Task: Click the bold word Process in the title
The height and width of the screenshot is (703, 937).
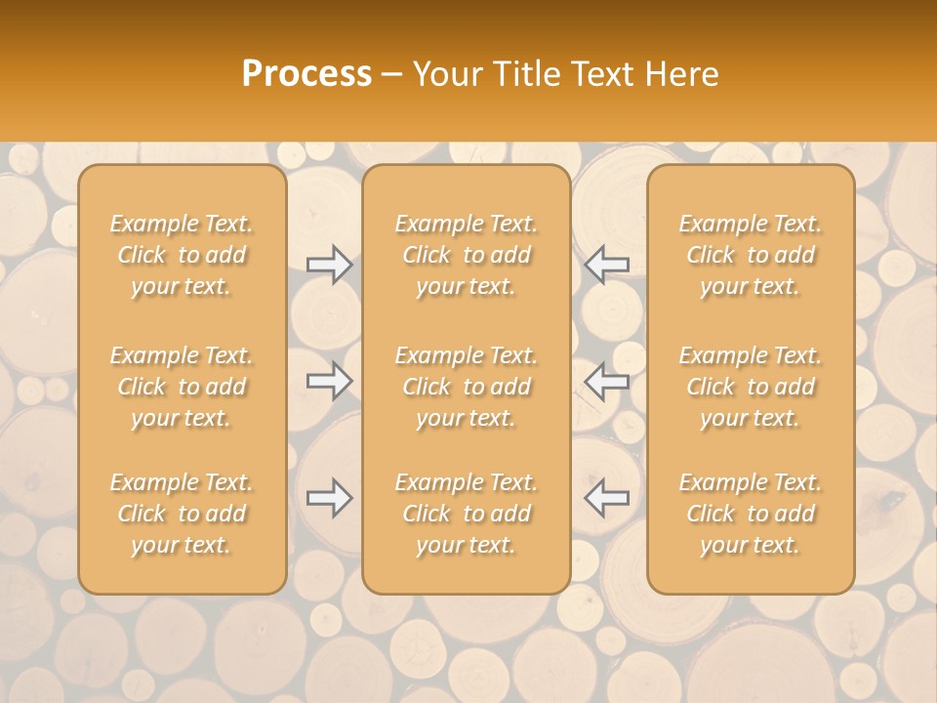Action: point(306,74)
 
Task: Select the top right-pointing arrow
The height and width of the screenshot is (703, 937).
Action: point(329,264)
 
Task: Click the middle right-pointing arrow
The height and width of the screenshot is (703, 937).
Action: point(329,380)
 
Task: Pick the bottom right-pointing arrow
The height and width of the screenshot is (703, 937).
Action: point(329,498)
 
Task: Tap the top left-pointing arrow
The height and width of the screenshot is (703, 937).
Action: point(607,264)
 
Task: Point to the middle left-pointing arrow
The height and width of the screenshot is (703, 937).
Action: point(607,380)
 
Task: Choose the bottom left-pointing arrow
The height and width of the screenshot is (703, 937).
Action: point(607,498)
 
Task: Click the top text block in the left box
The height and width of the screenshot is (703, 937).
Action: point(182,255)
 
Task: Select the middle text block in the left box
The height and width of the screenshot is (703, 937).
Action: point(182,387)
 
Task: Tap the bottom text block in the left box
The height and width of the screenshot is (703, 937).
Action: point(182,514)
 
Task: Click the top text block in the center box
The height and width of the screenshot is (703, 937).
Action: point(467,255)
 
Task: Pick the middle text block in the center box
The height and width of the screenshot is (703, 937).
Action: point(467,387)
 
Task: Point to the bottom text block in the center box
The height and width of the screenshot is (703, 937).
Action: point(467,514)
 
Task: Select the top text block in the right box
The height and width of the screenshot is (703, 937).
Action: point(751,255)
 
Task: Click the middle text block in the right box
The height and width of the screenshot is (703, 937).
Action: point(751,387)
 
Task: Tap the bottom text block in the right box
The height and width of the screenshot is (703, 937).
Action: point(751,514)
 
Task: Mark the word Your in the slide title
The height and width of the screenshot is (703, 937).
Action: point(446,74)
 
